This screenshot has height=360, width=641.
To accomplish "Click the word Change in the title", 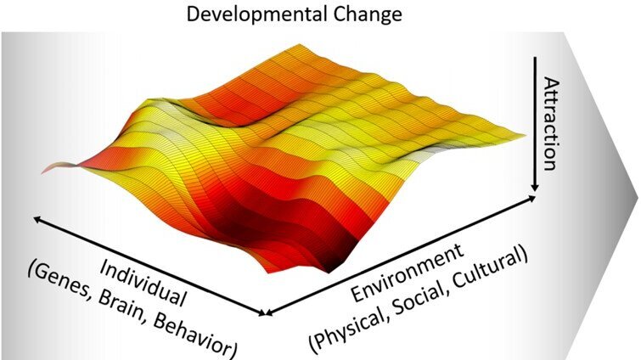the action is pyautogui.click(x=368, y=14).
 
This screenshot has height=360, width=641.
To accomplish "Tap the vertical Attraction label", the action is pyautogui.click(x=551, y=123).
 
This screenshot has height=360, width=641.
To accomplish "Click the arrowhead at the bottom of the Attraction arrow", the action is pyautogui.click(x=535, y=187).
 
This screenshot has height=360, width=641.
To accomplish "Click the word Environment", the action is pyautogui.click(x=408, y=273).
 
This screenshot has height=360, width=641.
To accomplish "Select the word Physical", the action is pyautogui.click(x=349, y=328).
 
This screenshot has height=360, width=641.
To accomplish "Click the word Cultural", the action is pyautogui.click(x=491, y=266).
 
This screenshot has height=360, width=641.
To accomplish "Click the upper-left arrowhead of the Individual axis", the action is pyautogui.click(x=37, y=219).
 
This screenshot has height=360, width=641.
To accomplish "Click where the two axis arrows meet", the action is pyautogui.click(x=265, y=313).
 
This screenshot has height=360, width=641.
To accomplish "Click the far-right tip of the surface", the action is pyautogui.click(x=525, y=134).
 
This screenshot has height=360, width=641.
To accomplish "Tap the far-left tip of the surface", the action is pyautogui.click(x=42, y=172).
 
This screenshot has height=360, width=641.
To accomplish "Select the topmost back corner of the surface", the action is pyautogui.click(x=301, y=44).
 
